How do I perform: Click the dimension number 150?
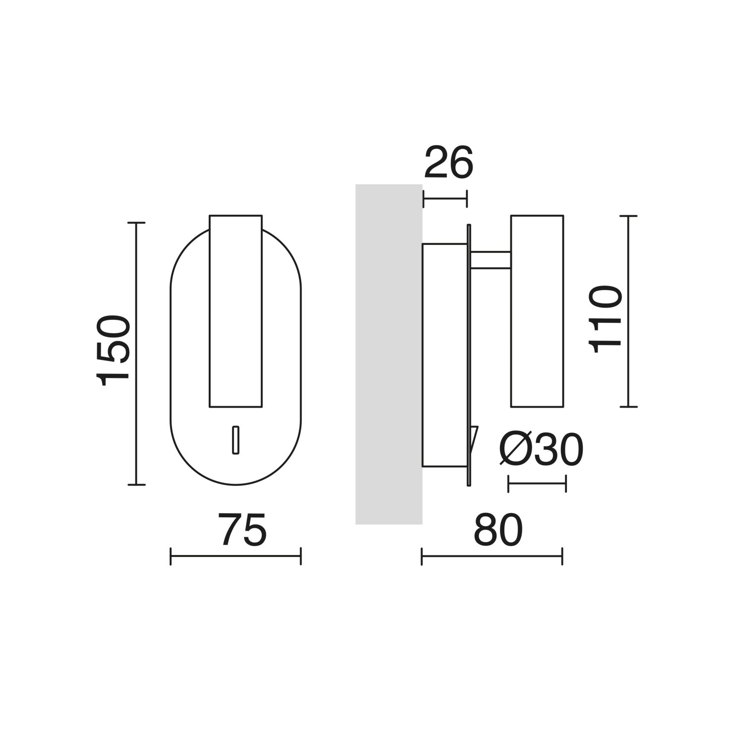[x=114, y=350]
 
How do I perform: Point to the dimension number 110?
[x=605, y=319]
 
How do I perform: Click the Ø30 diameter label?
[x=541, y=450]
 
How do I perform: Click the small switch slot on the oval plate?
[x=236, y=439]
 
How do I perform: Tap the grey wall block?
[x=389, y=354]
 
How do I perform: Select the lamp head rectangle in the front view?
[x=236, y=311]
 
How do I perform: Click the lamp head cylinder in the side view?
[x=537, y=311]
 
